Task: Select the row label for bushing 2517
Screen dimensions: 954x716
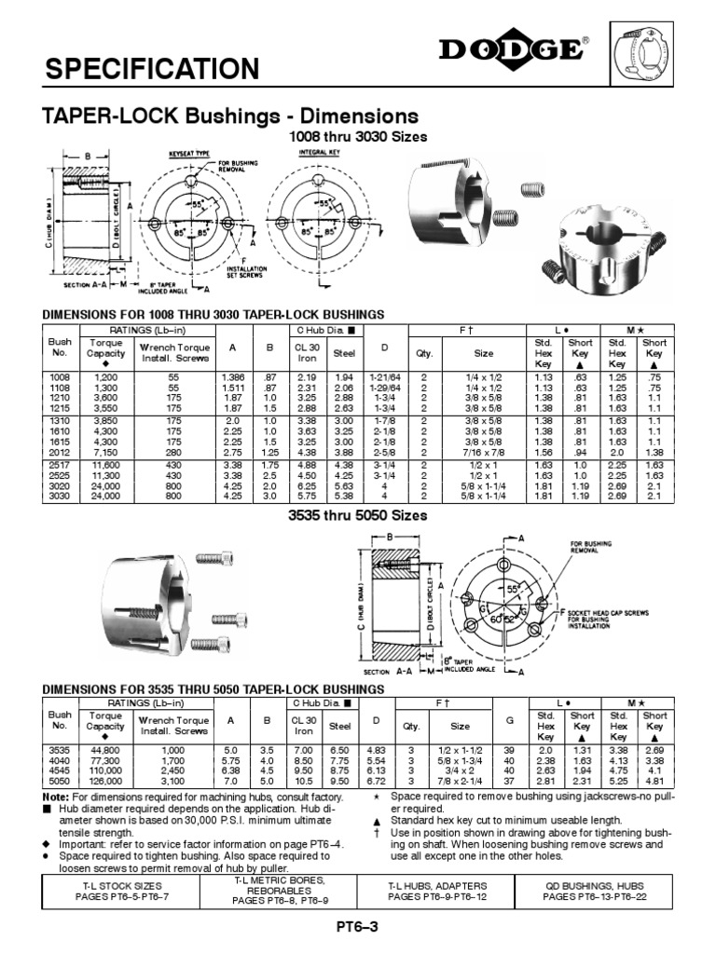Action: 60,463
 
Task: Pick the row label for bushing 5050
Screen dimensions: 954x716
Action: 60,781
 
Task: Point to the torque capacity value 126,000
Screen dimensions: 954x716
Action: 105,781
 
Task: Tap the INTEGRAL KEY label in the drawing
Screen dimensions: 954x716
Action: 318,150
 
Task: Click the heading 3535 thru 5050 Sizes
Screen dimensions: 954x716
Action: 359,515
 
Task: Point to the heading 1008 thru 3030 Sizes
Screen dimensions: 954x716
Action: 359,136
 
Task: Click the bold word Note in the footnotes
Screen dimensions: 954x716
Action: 56,797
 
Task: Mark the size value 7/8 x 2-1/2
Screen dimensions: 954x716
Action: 461,781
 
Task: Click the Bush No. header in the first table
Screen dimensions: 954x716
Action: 60,348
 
